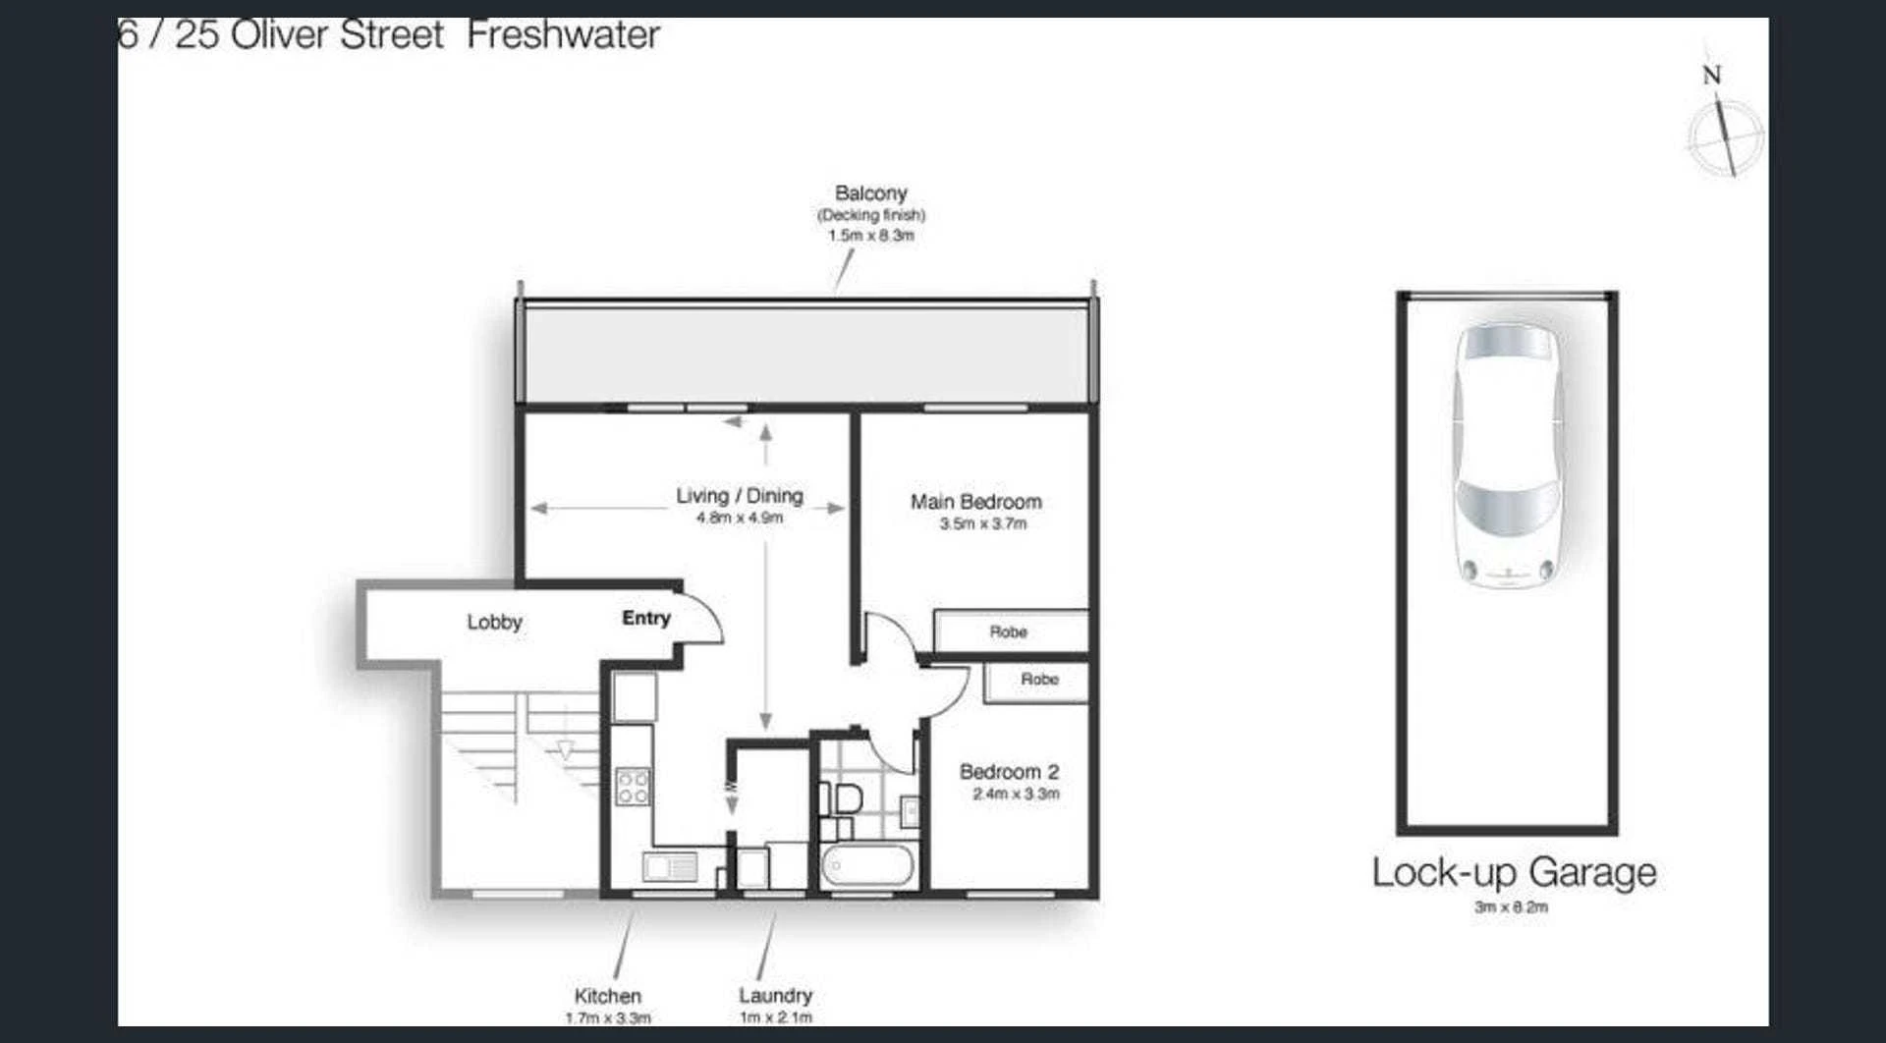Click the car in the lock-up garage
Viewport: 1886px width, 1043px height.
[1508, 455]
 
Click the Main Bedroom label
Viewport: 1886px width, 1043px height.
[975, 502]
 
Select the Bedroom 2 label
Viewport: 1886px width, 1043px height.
[1009, 772]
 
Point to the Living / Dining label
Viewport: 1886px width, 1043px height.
[740, 496]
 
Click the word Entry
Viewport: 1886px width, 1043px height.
[646, 618]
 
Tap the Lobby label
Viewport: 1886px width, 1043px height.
[494, 622]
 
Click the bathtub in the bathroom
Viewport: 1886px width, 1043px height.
[868, 866]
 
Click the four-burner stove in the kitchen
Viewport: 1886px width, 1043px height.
[633, 787]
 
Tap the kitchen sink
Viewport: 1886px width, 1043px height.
[670, 867]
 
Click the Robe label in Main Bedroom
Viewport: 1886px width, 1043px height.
[1008, 631]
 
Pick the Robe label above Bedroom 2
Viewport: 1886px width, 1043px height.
[1039, 679]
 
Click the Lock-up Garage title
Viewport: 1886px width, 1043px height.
[1514, 873]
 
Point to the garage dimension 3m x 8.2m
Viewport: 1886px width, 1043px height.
[1511, 906]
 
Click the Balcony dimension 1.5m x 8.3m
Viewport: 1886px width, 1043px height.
[870, 236]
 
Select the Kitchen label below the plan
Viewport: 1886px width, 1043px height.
[607, 996]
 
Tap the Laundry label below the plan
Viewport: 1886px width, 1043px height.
[775, 995]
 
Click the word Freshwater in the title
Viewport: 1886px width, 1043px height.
[563, 35]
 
